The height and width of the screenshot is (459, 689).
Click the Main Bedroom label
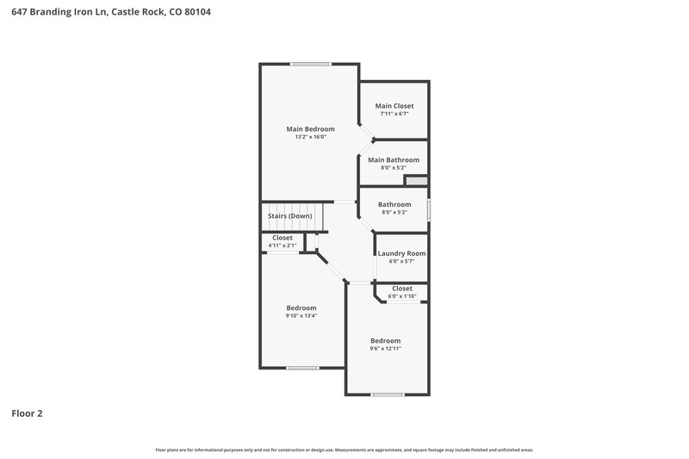pos(310,129)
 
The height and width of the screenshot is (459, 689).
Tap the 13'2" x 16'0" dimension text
pos(310,138)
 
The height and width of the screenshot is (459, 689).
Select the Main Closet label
pos(394,106)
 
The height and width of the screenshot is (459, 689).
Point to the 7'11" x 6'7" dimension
pos(394,114)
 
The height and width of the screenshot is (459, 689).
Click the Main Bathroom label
pos(394,159)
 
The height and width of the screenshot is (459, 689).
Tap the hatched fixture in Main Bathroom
pos(417,181)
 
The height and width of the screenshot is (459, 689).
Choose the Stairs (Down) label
pos(289,215)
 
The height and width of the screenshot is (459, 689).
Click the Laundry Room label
pos(401,253)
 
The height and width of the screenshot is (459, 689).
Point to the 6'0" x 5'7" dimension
pos(401,261)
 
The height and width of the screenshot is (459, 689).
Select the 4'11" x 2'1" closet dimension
pos(282,245)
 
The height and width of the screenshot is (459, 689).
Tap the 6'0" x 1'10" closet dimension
pos(402,296)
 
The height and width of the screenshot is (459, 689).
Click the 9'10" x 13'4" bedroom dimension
pos(301,316)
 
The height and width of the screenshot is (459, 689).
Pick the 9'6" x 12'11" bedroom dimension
pos(386,349)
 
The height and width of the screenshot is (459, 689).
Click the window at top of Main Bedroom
pos(310,64)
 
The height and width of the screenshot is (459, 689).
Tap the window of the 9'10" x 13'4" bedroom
pos(302,368)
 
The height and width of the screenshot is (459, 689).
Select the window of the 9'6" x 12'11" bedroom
pos(387,394)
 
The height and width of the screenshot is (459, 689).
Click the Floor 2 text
pos(27,413)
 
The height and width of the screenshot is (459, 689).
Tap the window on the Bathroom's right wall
pos(428,209)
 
